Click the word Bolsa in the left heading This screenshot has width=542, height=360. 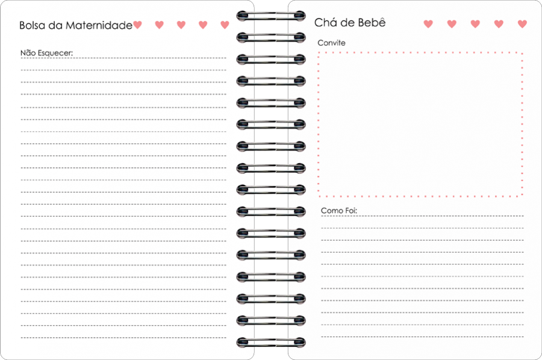click(32, 25)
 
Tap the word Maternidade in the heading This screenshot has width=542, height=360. click(99, 25)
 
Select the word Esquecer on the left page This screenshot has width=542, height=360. click(55, 53)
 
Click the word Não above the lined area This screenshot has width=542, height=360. click(28, 53)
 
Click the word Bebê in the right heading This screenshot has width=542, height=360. click(372, 22)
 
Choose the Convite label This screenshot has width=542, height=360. click(331, 43)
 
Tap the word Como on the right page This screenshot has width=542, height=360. click(329, 211)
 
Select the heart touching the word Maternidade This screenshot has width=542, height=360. click(137, 25)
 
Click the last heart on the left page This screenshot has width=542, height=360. click(225, 25)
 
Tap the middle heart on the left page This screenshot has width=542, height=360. click(181, 25)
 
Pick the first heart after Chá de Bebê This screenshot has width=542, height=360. click(428, 24)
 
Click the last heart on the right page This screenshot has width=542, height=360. click(522, 24)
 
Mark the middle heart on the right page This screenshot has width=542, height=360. click(475, 24)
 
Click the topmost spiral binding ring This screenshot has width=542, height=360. click(271, 16)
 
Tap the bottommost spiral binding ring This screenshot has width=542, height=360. click(271, 342)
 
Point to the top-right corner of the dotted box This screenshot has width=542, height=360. click(522, 53)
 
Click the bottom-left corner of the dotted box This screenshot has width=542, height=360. click(319, 196)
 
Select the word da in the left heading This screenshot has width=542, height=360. click(55, 25)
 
